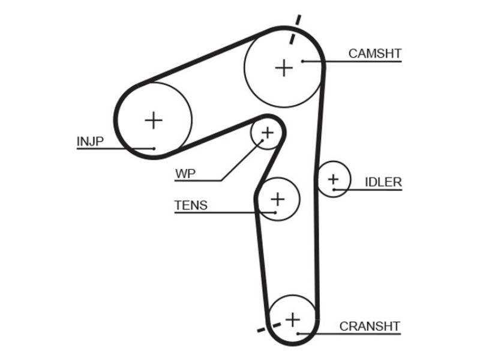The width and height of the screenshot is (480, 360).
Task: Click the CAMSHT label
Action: click(374, 53)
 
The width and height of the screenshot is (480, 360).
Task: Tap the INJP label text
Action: click(91, 142)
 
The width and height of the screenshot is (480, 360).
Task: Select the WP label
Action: click(185, 173)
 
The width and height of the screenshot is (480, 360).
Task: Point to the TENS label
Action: click(191, 205)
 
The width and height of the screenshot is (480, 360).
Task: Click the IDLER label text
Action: click(383, 182)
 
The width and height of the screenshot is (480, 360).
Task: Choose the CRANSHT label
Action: click(370, 326)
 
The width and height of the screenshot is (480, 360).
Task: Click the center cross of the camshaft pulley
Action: click(284, 68)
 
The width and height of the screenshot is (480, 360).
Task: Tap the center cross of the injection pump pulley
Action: click(154, 121)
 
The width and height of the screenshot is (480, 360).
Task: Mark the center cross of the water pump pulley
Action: click(268, 133)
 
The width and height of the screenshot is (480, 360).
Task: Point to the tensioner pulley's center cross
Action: click(278, 199)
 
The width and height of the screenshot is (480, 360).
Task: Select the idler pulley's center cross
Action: click(334, 179)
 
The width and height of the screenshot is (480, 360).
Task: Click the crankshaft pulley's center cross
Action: click(293, 320)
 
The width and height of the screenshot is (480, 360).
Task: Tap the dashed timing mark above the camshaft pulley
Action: click(295, 29)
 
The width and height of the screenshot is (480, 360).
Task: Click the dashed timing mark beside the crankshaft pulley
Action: click(269, 327)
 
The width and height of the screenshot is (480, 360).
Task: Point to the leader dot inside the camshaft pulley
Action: click(302, 61)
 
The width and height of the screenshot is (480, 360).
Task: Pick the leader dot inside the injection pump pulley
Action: click(154, 149)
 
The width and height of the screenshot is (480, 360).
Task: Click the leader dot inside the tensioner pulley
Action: click(275, 212)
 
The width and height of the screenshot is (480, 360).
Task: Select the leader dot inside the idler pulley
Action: click(334, 190)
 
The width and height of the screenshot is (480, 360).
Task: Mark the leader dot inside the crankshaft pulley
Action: click(297, 334)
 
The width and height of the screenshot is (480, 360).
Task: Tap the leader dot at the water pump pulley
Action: click(262, 140)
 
